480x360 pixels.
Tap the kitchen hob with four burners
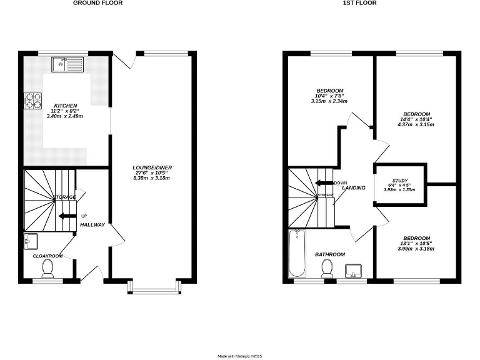coord(32,101)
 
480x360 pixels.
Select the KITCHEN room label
coord(66,106)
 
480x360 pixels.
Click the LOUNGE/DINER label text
coord(152,167)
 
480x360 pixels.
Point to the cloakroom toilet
coord(47,268)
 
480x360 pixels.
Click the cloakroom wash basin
coord(31,241)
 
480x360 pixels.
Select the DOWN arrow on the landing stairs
coord(324,183)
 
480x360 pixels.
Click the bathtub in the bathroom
coord(297,254)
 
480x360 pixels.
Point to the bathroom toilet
coord(326,268)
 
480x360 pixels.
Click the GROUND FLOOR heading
coord(97,3)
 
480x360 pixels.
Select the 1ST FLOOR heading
coord(359,3)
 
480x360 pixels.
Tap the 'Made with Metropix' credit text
coord(239,356)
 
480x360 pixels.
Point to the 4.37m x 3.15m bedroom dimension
coord(416,124)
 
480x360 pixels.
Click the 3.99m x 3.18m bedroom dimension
coord(416,249)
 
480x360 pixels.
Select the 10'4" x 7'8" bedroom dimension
coord(329,96)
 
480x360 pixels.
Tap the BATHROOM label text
coord(329,254)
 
